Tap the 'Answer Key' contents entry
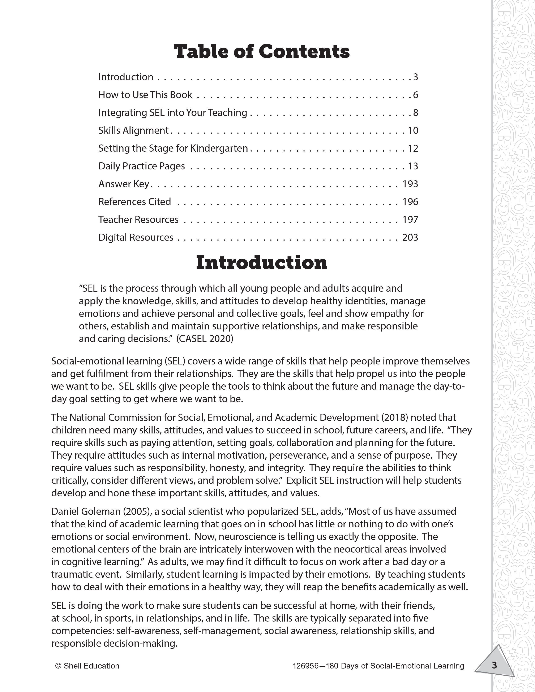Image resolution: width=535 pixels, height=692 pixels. tap(124, 184)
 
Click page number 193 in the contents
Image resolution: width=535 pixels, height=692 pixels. tap(410, 184)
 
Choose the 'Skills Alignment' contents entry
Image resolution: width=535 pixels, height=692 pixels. tap(133, 130)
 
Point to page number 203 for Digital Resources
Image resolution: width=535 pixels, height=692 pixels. tap(410, 237)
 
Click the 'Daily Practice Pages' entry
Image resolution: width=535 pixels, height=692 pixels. tap(141, 166)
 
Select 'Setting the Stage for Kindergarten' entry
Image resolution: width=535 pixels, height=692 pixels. tap(173, 148)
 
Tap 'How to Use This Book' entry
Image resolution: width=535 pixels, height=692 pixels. tap(145, 95)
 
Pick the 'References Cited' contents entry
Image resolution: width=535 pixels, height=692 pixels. tap(134, 202)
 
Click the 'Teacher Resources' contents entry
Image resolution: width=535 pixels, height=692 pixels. tap(138, 220)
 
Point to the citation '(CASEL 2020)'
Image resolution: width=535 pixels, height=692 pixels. tap(205, 339)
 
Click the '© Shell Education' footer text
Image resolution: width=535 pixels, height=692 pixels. tap(87, 666)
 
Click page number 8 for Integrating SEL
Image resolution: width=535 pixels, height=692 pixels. tap(415, 112)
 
